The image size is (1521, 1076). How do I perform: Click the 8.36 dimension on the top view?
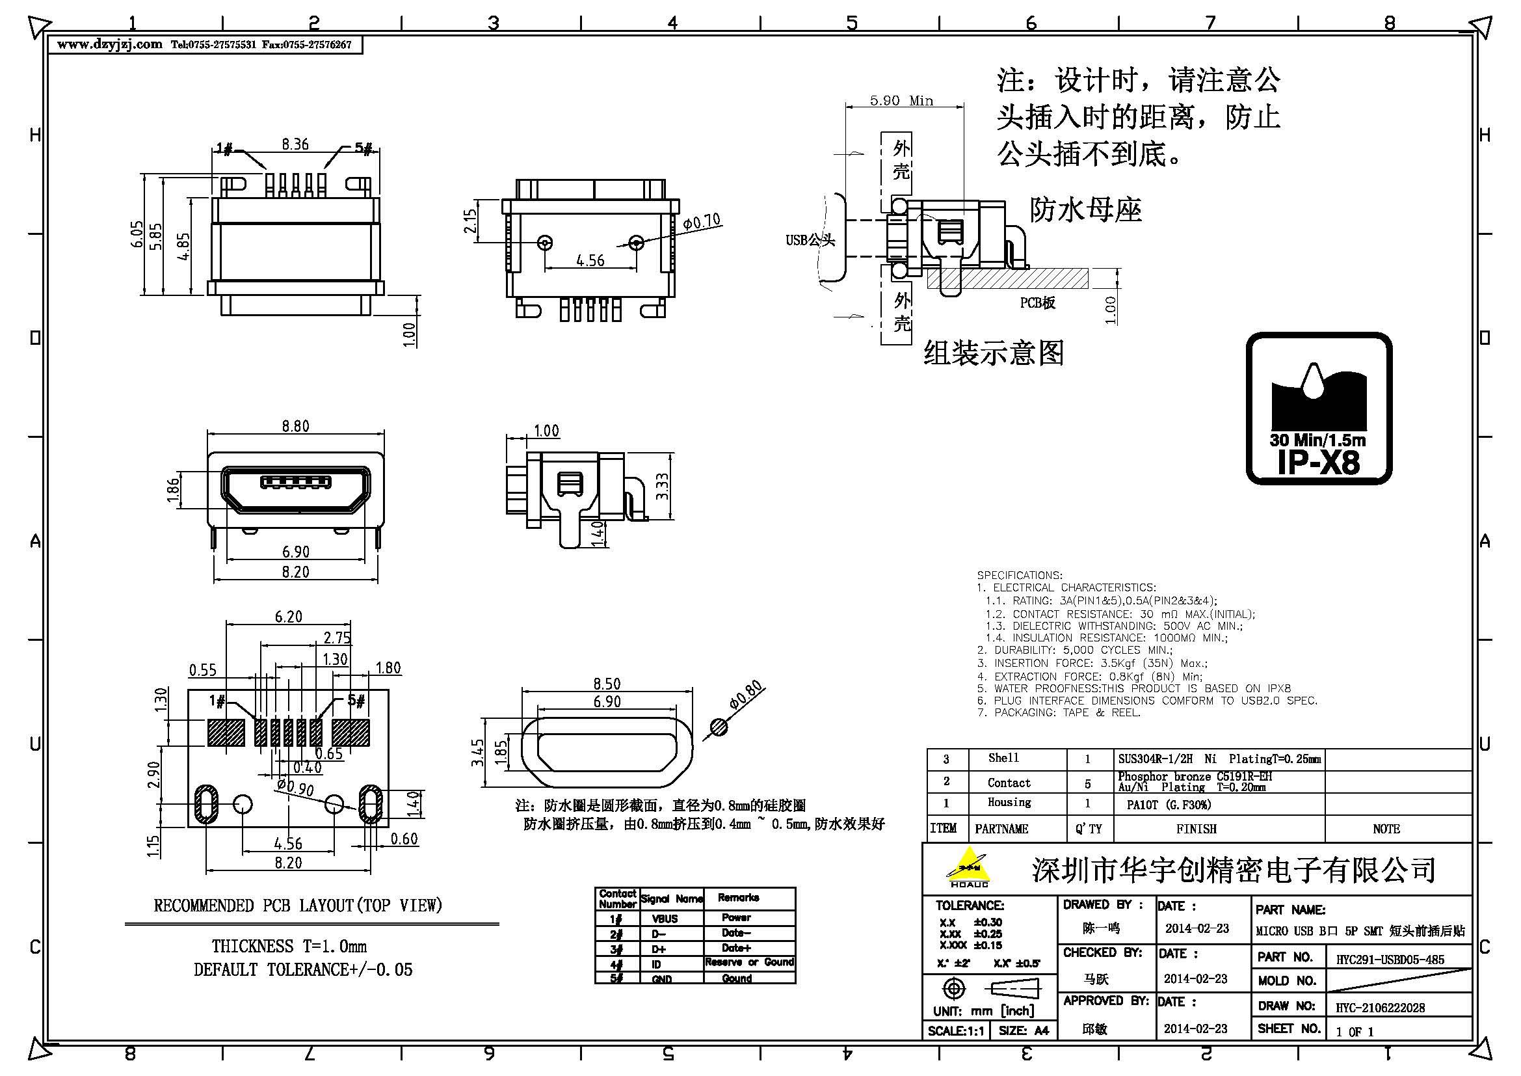(x=295, y=144)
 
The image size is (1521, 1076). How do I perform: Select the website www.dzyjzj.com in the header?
(x=109, y=44)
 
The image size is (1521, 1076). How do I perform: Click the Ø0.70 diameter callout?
(x=702, y=222)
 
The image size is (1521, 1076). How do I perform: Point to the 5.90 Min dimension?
(x=901, y=101)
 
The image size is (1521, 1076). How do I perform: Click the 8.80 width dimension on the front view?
(x=295, y=426)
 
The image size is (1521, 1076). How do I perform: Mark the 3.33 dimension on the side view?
(x=662, y=487)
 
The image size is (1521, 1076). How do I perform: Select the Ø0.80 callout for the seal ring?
(x=746, y=695)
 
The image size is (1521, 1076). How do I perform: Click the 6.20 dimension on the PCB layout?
(x=288, y=617)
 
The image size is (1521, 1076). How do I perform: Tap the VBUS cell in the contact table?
(x=665, y=919)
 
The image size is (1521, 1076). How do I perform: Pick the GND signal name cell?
(x=662, y=978)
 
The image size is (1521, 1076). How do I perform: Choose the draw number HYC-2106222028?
(x=1380, y=1008)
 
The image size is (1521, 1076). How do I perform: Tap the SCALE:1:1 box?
(x=955, y=1031)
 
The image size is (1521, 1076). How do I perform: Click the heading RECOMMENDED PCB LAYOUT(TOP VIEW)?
(x=297, y=906)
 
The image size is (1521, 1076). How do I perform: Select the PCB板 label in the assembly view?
(x=1037, y=303)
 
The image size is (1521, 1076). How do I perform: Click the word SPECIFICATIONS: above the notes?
(x=1019, y=575)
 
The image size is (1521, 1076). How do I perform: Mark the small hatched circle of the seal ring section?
(x=719, y=727)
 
